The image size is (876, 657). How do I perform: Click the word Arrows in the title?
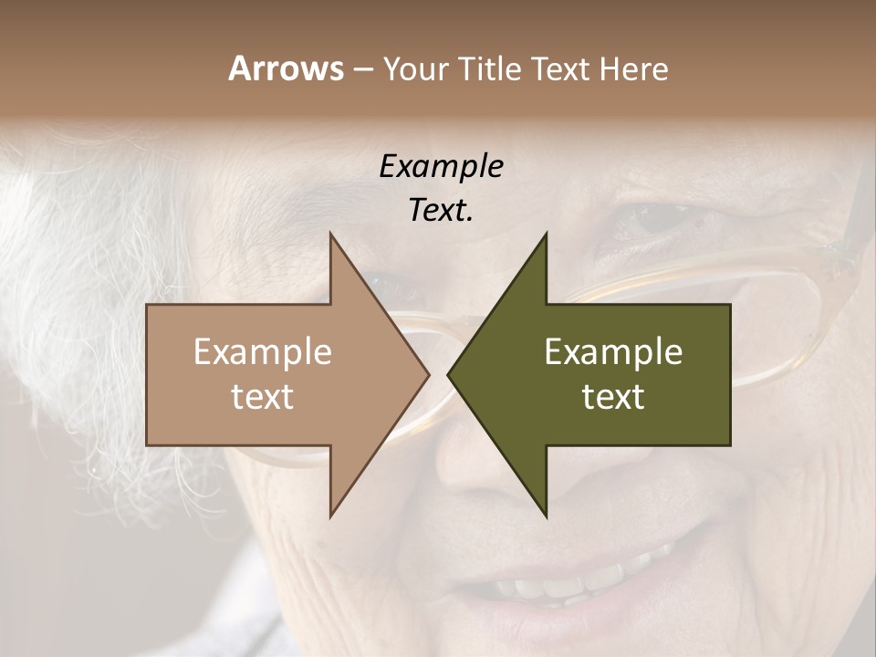[x=286, y=68]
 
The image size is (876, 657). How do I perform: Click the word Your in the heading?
[x=416, y=69]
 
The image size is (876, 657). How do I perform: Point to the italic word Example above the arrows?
[x=441, y=167]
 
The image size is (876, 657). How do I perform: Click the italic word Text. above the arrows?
[x=441, y=211]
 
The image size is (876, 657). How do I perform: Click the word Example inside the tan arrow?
[x=263, y=352]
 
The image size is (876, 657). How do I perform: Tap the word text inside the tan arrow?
[x=263, y=397]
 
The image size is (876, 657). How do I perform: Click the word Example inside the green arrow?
[x=613, y=352]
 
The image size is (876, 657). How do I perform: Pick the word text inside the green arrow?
[x=613, y=397]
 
